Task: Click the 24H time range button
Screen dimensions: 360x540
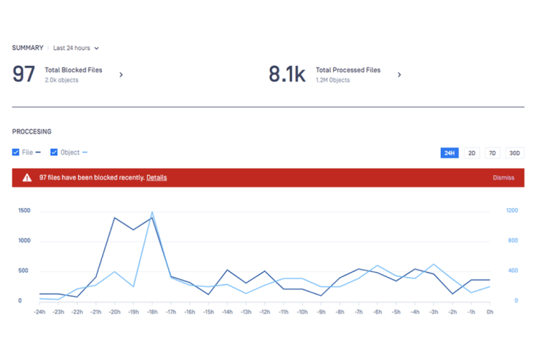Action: [x=449, y=153]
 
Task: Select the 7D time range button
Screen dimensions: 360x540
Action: [x=493, y=153]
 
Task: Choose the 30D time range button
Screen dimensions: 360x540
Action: [x=515, y=153]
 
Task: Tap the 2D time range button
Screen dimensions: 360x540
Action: [x=472, y=153]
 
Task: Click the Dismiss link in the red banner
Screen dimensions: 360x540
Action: [x=503, y=178]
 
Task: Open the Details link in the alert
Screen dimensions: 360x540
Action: [x=156, y=178]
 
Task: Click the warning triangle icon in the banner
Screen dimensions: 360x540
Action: [x=27, y=178]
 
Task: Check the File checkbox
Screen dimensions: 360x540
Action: [x=16, y=152]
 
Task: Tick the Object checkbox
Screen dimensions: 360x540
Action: [x=54, y=152]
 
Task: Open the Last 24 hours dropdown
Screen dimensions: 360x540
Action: [x=76, y=49]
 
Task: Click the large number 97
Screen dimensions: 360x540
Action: [x=24, y=74]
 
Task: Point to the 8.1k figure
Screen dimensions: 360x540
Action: [x=287, y=74]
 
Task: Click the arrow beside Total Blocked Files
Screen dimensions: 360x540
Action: [x=121, y=75]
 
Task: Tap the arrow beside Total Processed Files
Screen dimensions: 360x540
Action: [x=399, y=75]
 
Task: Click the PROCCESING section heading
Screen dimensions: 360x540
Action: [x=32, y=131]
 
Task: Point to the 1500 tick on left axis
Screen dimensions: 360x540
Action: [x=25, y=211]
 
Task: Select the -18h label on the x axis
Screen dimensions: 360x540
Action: [x=151, y=311]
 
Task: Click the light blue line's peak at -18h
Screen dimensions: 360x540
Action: [x=152, y=212]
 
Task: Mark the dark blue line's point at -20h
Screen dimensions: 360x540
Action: [x=115, y=218]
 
